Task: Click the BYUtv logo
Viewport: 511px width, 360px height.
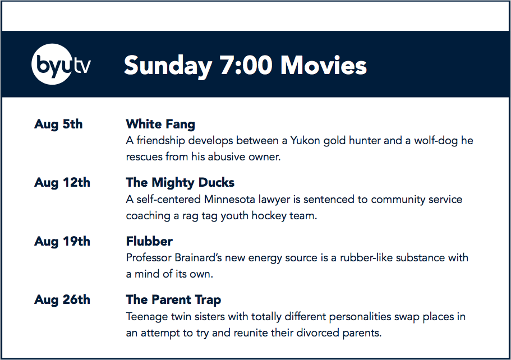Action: coord(61,64)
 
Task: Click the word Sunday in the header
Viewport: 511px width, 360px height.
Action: coord(168,66)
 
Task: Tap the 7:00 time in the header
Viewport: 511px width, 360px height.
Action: coord(246,65)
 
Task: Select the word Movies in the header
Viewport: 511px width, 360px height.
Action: coord(324,65)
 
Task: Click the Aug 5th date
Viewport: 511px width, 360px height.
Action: coord(58,124)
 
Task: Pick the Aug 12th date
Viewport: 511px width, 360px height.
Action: coord(62,183)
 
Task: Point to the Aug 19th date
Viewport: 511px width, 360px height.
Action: coord(62,242)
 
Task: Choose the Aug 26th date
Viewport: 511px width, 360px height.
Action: coord(62,300)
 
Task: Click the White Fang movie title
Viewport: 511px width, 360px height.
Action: coord(160,124)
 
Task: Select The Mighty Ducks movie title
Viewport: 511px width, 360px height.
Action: coord(180,183)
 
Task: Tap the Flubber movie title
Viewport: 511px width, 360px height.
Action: coord(149,242)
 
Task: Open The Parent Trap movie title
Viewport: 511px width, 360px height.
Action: coord(174,300)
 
